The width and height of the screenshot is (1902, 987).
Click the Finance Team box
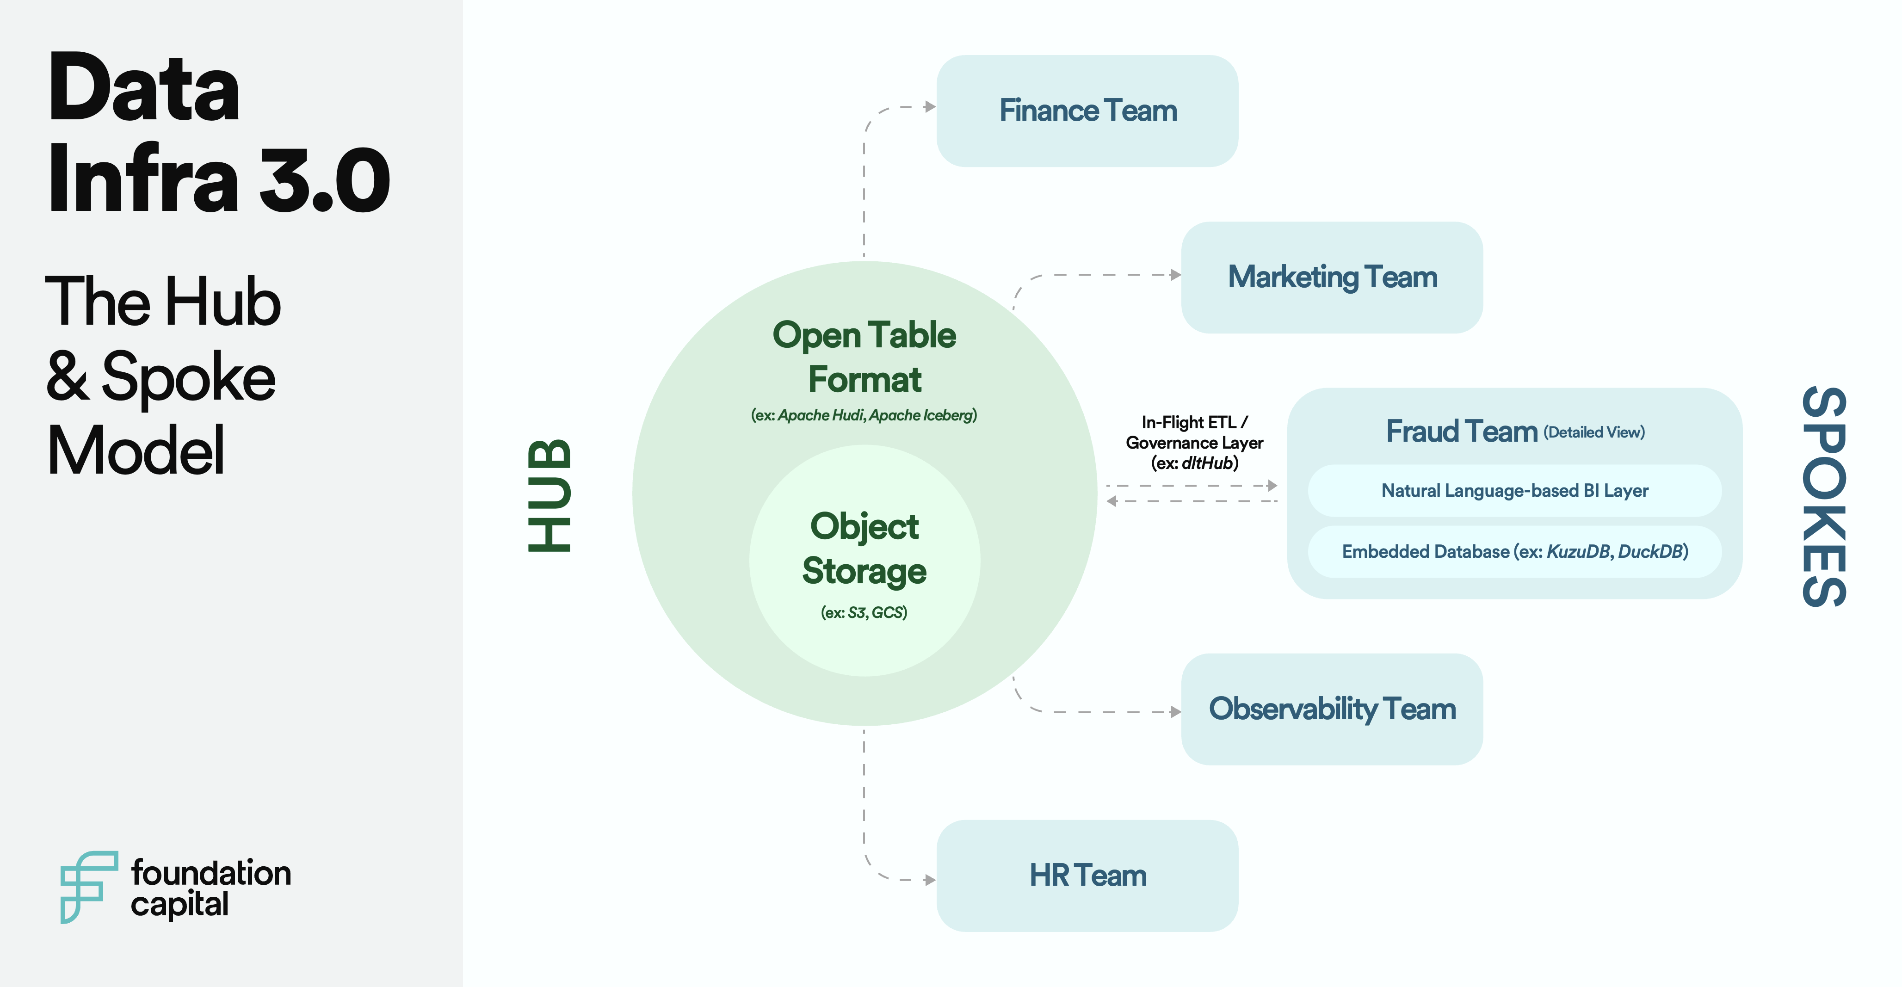pos(1087,111)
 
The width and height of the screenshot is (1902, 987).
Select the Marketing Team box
pos(1332,278)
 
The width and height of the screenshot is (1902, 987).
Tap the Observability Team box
pos(1332,709)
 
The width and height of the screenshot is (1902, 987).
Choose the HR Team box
pos(1087,876)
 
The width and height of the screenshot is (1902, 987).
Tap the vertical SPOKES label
pos(1824,496)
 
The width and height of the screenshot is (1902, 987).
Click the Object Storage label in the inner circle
pos(865,549)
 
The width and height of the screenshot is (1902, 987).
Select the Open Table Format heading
pos(865,358)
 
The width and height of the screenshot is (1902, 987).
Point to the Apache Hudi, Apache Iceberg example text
pos(864,416)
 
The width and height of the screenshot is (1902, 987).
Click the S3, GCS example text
pos(864,613)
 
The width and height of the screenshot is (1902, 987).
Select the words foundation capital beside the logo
pos(210,888)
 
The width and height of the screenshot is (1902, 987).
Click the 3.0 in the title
pos(324,181)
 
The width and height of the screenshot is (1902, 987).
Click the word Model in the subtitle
pos(136,450)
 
